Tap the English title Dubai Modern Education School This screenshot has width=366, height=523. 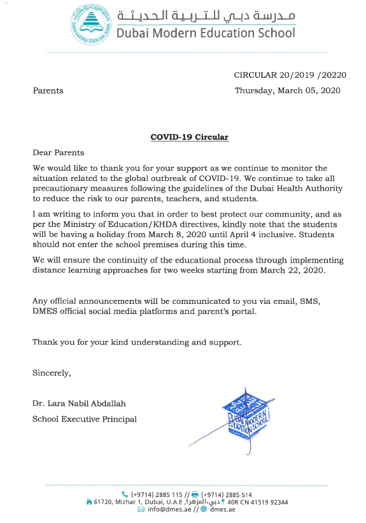[x=205, y=33]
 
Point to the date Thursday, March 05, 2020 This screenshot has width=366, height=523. [x=287, y=90]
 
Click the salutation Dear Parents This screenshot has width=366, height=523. [x=58, y=152]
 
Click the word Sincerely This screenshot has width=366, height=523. [x=52, y=373]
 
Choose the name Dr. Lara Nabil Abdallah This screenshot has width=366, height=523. [x=78, y=403]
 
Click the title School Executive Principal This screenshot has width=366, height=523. [x=85, y=419]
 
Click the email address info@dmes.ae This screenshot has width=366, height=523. [x=169, y=510]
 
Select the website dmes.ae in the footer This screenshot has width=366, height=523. [x=223, y=510]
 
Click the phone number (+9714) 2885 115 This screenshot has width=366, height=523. [x=157, y=494]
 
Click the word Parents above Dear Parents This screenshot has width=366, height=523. [x=48, y=90]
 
